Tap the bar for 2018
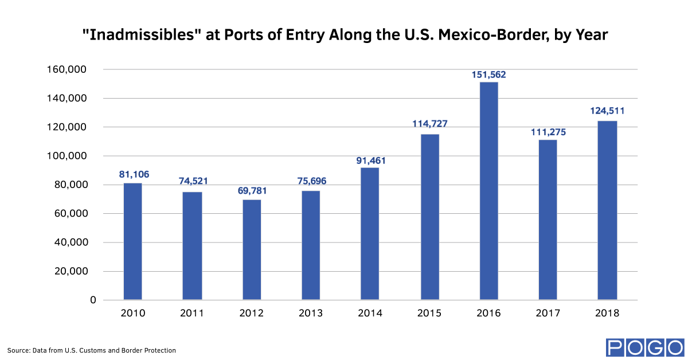point(607,210)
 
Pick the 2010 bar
point(132,241)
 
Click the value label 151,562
point(488,75)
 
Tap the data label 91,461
point(370,160)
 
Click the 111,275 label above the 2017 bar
point(548,132)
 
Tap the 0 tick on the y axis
point(93,300)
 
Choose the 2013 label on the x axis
point(311,313)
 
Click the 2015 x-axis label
point(429,313)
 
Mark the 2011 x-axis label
point(192,313)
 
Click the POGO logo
point(645,347)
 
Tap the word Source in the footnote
point(18,350)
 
